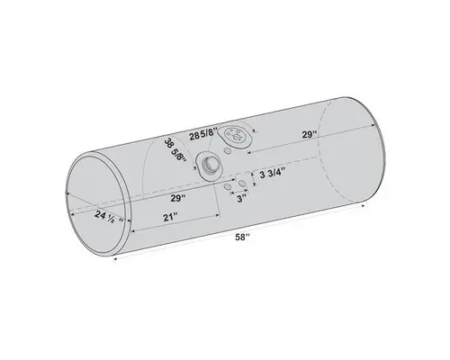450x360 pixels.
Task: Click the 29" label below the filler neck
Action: coord(175,196)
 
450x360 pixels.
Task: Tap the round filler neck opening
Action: coord(211,165)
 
